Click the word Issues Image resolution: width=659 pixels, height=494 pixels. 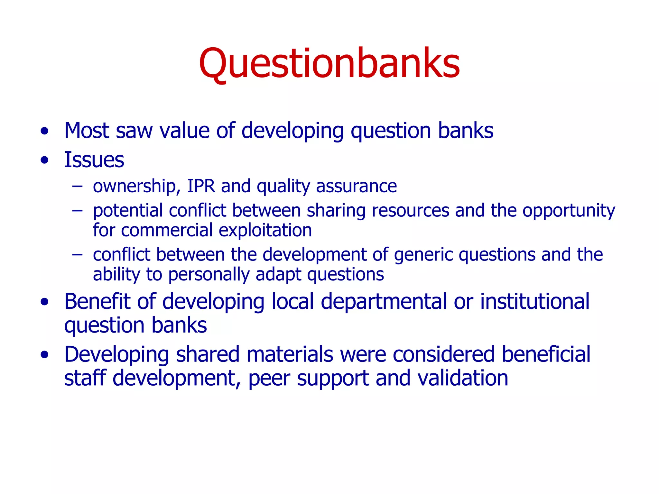(x=94, y=160)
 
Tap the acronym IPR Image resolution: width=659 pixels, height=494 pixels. (x=201, y=186)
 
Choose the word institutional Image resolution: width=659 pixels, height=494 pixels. (x=534, y=302)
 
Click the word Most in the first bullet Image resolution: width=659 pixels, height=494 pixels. (x=87, y=131)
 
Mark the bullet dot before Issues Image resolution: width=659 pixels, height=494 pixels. (x=45, y=160)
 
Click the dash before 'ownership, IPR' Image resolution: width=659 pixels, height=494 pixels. (x=77, y=186)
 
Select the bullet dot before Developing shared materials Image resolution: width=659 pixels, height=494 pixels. (x=45, y=355)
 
